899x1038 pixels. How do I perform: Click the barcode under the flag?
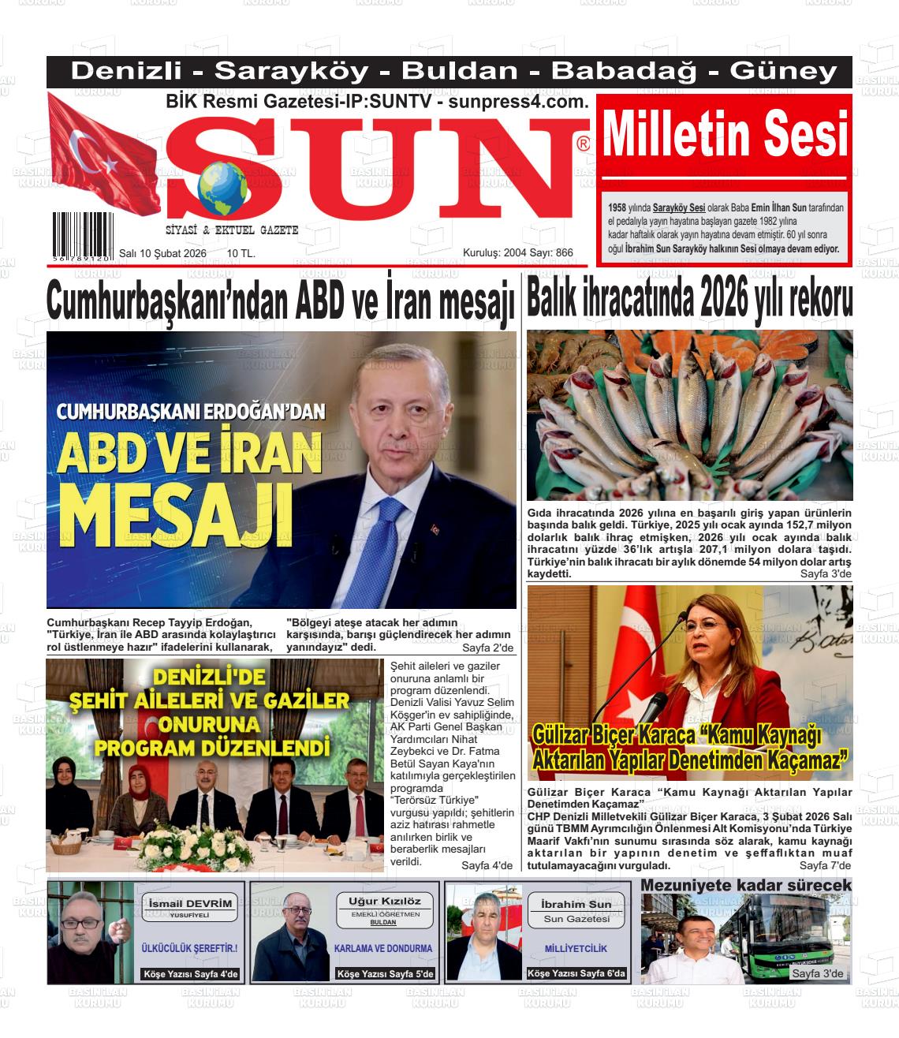click(83, 231)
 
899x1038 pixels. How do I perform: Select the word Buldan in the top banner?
click(460, 72)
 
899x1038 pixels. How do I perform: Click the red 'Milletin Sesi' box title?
click(725, 135)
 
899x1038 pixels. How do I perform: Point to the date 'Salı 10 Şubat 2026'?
click(162, 253)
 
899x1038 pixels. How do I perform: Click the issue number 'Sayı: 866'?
click(551, 253)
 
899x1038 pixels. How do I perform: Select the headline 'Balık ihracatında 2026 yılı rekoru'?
click(689, 300)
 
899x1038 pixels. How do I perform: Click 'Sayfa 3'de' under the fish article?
click(826, 573)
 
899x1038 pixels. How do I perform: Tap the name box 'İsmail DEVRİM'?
click(190, 904)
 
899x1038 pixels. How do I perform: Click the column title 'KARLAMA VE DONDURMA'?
click(383, 948)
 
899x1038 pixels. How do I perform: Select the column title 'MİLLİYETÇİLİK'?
click(576, 948)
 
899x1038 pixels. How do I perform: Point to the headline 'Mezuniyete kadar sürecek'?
click(745, 886)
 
